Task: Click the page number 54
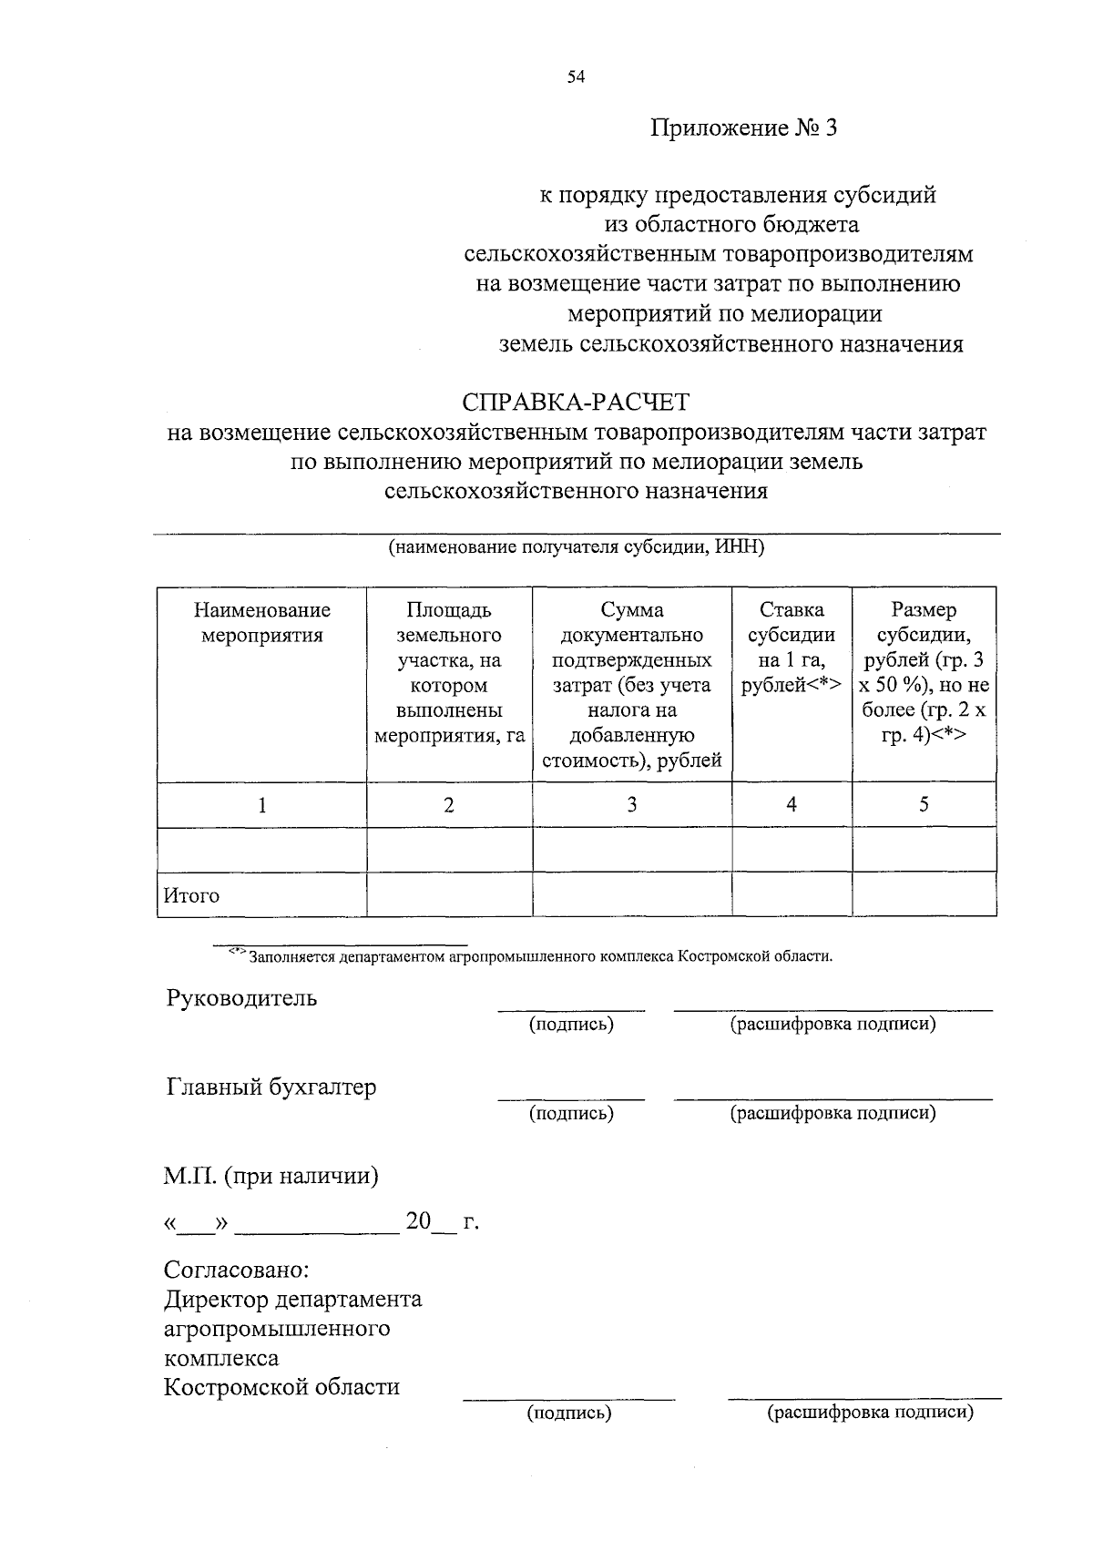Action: [x=575, y=77]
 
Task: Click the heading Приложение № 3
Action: [x=742, y=128]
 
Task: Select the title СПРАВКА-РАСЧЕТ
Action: [x=576, y=402]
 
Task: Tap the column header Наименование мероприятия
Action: [x=262, y=623]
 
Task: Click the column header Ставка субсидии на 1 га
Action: [x=792, y=648]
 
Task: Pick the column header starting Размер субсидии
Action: [x=924, y=672]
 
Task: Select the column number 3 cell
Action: [x=632, y=805]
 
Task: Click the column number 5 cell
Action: [x=924, y=805]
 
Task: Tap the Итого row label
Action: [x=191, y=895]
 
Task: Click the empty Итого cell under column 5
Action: [x=924, y=894]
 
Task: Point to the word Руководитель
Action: [x=241, y=998]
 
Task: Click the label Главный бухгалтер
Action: [x=271, y=1087]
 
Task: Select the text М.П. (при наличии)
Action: [x=271, y=1177]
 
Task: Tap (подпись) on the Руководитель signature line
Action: [x=571, y=1025]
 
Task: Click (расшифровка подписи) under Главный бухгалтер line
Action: [x=833, y=1113]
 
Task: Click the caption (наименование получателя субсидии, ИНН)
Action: [x=576, y=547]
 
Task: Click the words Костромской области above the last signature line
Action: [x=281, y=1388]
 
